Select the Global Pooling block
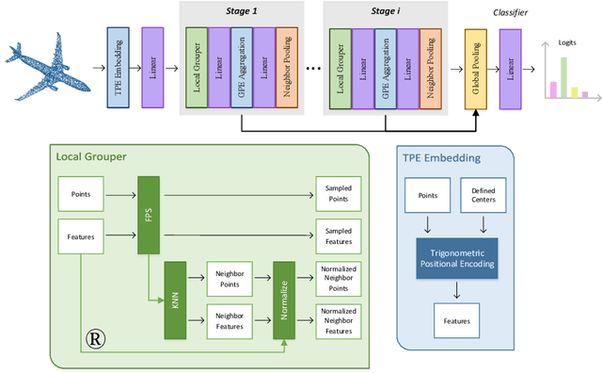coord(478,65)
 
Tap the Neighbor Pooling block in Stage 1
coord(287,65)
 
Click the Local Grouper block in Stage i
coord(340,65)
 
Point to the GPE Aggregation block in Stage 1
coord(242,65)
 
